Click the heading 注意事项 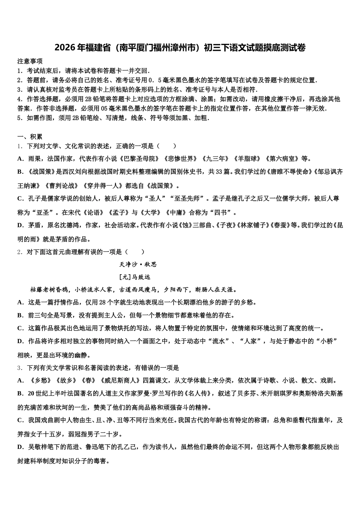point(30,61)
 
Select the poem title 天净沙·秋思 point(138,264)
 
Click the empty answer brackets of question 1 point(166,146)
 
